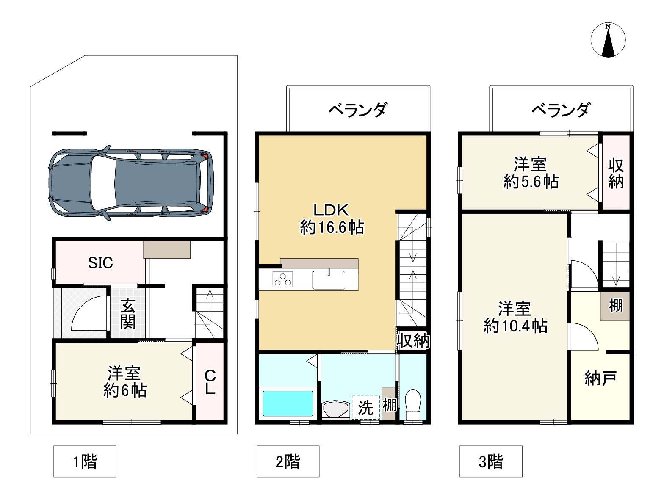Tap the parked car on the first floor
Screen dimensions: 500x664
(131, 183)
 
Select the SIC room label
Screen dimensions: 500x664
(100, 263)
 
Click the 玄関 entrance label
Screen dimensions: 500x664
(127, 314)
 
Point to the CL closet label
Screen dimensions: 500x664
(210, 382)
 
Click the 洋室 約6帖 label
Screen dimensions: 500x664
(125, 382)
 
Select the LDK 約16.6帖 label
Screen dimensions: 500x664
(332, 219)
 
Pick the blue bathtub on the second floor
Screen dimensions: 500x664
(288, 403)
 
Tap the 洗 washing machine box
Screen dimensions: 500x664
(365, 407)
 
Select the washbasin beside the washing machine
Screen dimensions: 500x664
(335, 409)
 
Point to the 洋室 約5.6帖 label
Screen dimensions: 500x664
(531, 173)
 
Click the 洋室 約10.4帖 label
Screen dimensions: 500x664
(515, 317)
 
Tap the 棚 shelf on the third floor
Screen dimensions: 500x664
(615, 305)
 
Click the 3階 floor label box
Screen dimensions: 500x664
(491, 461)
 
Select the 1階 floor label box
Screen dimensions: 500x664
(85, 461)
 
